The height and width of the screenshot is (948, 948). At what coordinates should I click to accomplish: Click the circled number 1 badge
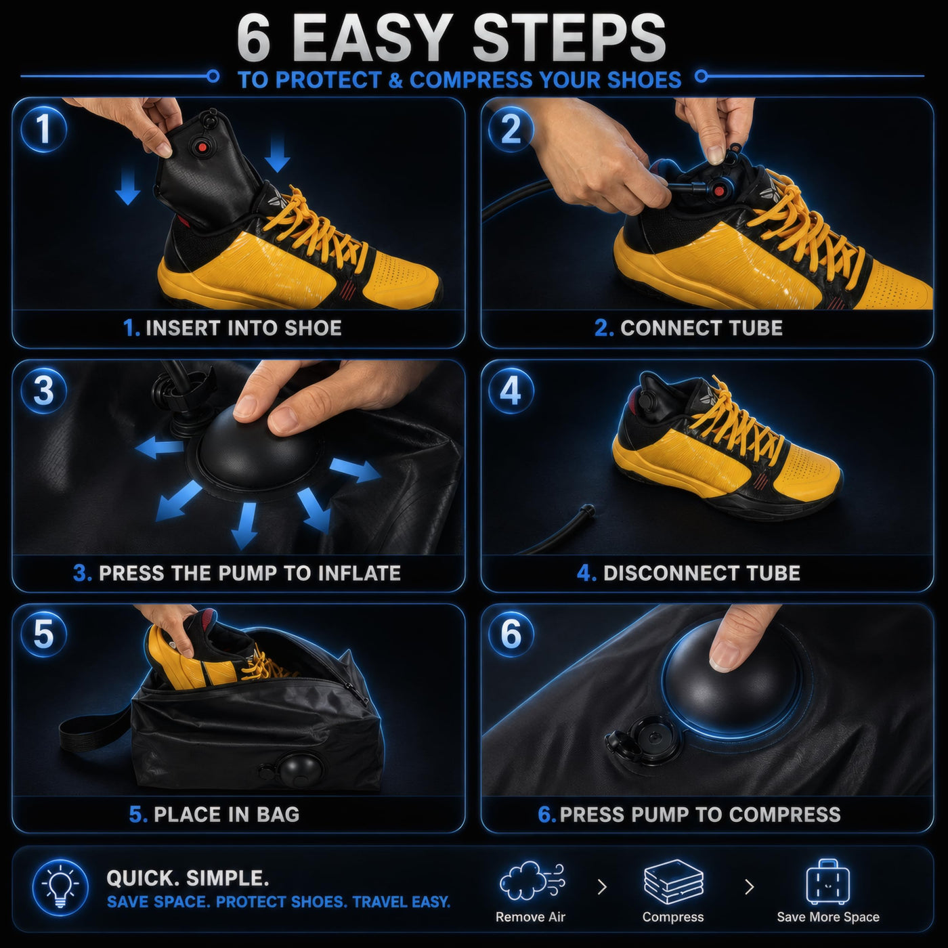pyautogui.click(x=44, y=130)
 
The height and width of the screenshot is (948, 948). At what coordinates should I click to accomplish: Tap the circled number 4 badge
pyautogui.click(x=511, y=391)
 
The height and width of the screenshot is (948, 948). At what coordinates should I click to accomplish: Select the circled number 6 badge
pyautogui.click(x=511, y=634)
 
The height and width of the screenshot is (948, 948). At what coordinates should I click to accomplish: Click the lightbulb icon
pyautogui.click(x=60, y=887)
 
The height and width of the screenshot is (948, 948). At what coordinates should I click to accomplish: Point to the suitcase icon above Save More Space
pyautogui.click(x=828, y=883)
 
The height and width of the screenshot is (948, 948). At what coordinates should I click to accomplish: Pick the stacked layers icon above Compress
pyautogui.click(x=674, y=882)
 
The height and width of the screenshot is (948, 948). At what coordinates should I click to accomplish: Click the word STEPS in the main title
pyautogui.click(x=569, y=39)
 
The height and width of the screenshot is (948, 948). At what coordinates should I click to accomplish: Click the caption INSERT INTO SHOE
pyautogui.click(x=244, y=328)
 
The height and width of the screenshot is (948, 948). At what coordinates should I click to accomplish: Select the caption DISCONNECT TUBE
pyautogui.click(x=702, y=573)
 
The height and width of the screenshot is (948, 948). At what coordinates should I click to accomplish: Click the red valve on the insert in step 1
pyautogui.click(x=202, y=147)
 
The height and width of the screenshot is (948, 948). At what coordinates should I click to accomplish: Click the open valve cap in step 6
pyautogui.click(x=622, y=745)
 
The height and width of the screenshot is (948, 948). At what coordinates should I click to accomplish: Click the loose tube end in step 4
pyautogui.click(x=587, y=510)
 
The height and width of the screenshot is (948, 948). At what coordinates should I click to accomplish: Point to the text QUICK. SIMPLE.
pyautogui.click(x=188, y=878)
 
